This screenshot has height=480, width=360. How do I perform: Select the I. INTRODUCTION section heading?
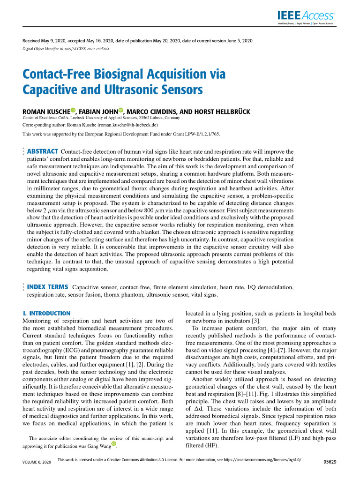tap(47, 313)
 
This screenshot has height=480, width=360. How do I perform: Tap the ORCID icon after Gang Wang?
tap(113, 445)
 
